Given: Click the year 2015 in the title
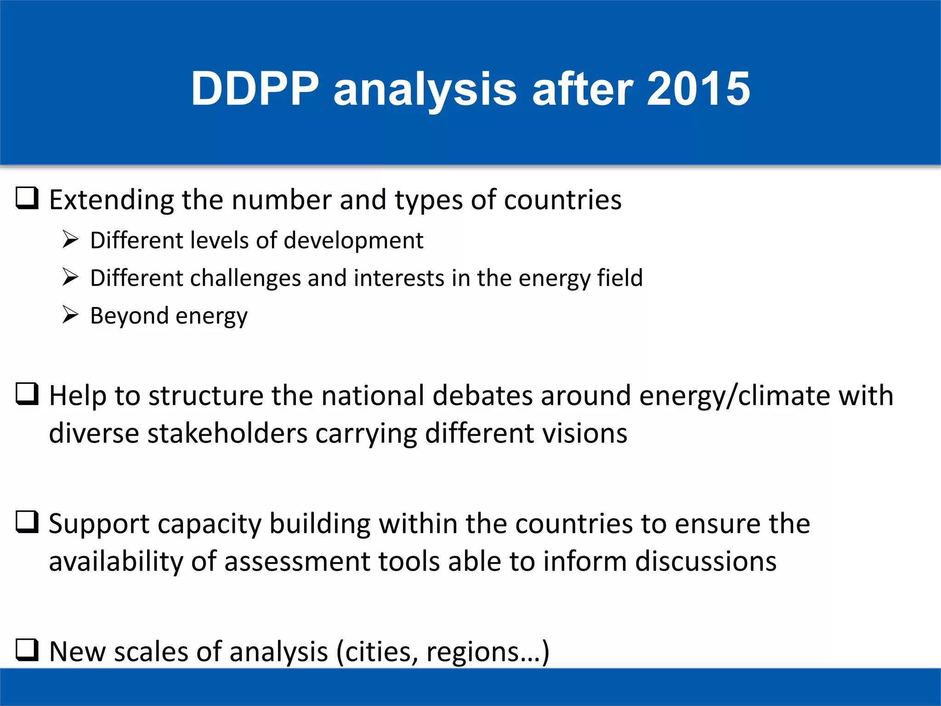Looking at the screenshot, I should coord(698,89).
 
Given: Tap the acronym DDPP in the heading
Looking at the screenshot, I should coord(255,89).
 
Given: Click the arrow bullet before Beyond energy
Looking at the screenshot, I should coord(70,315).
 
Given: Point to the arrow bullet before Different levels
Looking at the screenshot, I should coord(70,239).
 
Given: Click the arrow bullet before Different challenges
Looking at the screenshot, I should coord(70,277).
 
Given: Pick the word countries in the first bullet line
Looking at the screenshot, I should coord(563,200).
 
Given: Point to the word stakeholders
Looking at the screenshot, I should coord(227,433).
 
